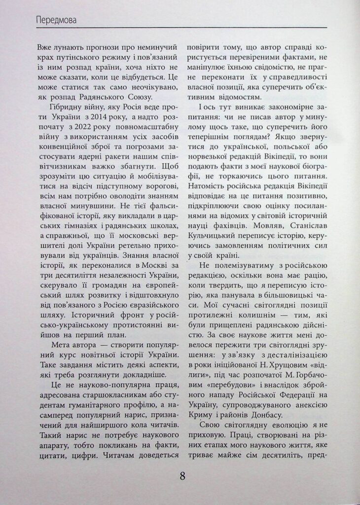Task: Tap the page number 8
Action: pos(182,476)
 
